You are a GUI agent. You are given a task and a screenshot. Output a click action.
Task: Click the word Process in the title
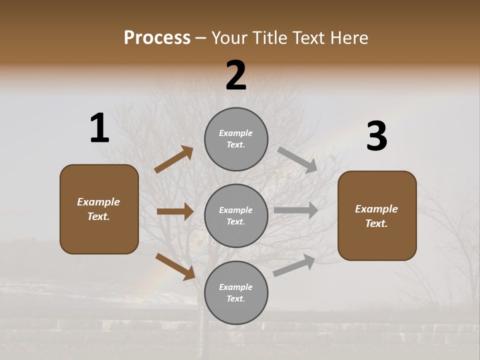(157, 37)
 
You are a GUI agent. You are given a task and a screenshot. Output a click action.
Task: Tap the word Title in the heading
(268, 37)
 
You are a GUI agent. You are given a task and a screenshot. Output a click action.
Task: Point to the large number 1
(99, 128)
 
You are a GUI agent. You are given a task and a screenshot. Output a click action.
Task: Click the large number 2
(236, 75)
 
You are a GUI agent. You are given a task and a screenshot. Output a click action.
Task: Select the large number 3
(376, 136)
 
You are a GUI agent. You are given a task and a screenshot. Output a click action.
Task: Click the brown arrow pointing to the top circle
(174, 159)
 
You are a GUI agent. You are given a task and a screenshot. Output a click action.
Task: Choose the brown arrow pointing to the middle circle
(175, 211)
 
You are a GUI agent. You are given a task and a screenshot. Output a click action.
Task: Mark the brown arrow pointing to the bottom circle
(175, 266)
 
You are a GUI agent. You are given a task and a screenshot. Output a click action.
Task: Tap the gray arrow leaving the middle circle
(296, 210)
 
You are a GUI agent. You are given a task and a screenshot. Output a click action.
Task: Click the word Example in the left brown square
(98, 202)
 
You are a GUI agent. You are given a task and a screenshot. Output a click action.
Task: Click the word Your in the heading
(229, 37)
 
